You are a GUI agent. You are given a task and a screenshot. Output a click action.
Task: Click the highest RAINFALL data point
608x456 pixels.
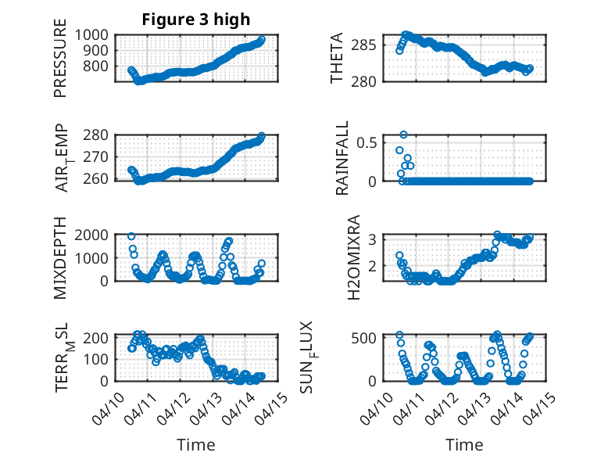click(404, 135)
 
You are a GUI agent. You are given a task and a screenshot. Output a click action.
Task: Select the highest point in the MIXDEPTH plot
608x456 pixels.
click(131, 236)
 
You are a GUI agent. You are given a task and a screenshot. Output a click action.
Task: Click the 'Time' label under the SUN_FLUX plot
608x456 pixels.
click(464, 445)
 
